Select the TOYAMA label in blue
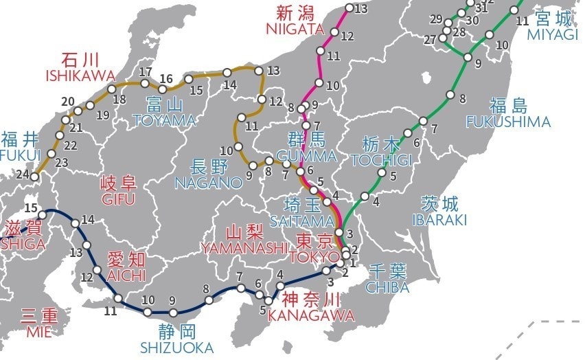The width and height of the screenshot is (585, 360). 165,121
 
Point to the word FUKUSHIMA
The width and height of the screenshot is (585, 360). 508,122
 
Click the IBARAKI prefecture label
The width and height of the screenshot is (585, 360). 439,220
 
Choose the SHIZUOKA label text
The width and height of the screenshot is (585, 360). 176,348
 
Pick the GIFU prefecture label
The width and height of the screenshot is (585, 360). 119,199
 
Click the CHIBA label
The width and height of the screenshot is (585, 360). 387,286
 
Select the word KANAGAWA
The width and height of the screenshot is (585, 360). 311,315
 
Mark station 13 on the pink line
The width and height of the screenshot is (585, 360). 349,8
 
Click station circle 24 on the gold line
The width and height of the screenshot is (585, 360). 36,177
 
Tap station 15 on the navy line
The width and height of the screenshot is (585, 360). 43,215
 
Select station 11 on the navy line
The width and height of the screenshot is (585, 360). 118,299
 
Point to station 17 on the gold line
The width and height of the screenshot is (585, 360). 145,84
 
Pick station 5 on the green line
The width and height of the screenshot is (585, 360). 382,172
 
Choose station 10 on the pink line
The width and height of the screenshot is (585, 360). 319,83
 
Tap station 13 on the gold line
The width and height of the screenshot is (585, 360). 259,70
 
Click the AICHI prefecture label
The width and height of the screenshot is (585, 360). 126,275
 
